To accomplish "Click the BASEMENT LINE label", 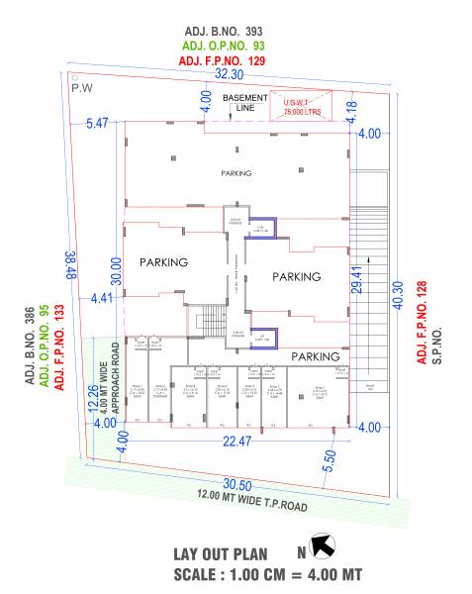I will (x=244, y=104).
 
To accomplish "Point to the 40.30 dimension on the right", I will (x=399, y=296).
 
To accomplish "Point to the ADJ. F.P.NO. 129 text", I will (x=230, y=61).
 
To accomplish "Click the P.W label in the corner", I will (x=80, y=87).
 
